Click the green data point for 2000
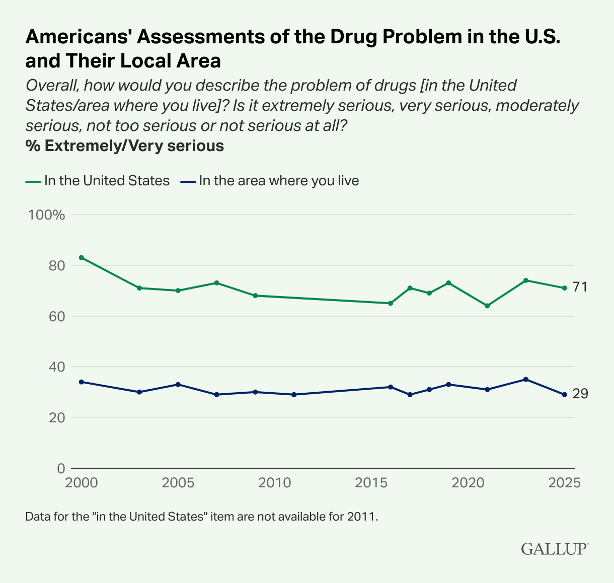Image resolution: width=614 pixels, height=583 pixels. (81, 257)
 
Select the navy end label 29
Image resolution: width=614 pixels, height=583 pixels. (580, 394)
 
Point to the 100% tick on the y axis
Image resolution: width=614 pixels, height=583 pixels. (47, 215)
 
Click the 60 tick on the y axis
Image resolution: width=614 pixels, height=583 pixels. (56, 316)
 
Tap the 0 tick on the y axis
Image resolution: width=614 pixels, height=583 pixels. (61, 468)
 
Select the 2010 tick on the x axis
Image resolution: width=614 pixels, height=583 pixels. (274, 483)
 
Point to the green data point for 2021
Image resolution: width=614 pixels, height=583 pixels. (487, 306)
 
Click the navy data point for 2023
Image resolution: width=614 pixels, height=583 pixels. (526, 379)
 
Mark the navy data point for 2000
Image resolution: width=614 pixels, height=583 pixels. (81, 382)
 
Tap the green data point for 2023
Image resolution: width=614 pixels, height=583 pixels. (526, 280)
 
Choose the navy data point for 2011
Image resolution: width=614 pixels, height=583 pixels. (294, 394)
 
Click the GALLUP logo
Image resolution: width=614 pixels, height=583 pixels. (554, 549)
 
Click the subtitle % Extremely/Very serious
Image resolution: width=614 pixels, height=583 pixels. (124, 146)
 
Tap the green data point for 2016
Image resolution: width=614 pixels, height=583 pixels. (391, 303)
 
